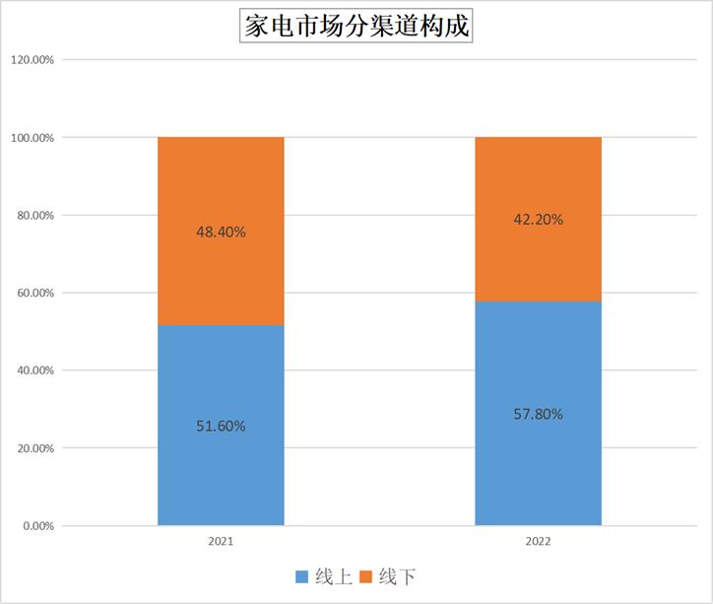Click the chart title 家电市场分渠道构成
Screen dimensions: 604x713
[356, 26]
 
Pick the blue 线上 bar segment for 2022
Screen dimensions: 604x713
[538, 463]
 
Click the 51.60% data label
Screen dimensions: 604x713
[221, 427]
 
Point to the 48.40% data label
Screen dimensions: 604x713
[221, 233]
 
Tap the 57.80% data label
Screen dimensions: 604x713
[538, 414]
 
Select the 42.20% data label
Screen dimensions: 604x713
[538, 220]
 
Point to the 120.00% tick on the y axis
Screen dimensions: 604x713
[32, 60]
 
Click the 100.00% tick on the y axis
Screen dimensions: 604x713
[32, 138]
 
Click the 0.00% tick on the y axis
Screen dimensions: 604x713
[37, 526]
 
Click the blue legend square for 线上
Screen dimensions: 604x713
[301, 576]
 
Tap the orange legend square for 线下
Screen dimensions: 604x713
[363, 576]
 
